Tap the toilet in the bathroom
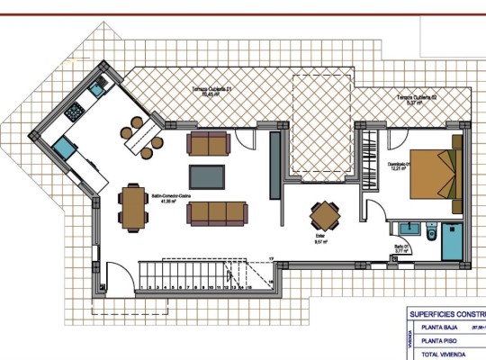[x=432, y=235]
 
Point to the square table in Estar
[x=324, y=216]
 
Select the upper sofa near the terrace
[x=208, y=143]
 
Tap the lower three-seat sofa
[x=210, y=212]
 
